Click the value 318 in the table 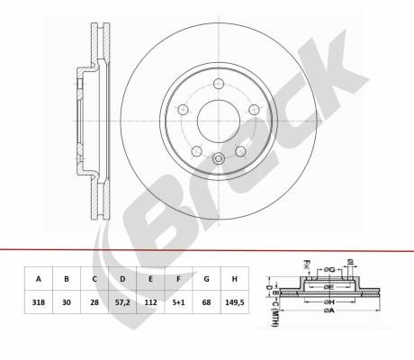(39, 302)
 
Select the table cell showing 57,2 (122, 302)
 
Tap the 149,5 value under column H (235, 302)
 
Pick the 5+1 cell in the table (178, 302)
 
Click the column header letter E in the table (150, 279)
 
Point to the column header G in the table (206, 279)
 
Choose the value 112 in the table (150, 302)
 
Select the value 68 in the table (206, 302)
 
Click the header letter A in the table (39, 279)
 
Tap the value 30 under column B (67, 302)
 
